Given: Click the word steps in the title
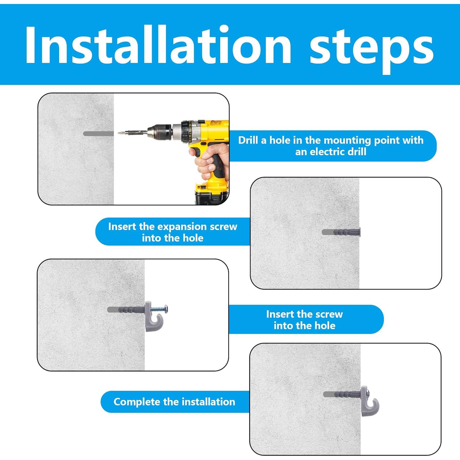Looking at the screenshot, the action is coord(371,49).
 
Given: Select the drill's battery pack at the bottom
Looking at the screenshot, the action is coord(212,193).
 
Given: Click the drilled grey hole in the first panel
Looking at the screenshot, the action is coord(98,134).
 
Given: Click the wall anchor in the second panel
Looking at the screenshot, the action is coord(341,232).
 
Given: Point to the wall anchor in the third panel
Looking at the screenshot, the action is coord(126,309).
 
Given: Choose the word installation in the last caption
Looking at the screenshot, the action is coord(199,402).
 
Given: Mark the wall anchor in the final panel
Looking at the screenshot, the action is coord(342,394).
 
